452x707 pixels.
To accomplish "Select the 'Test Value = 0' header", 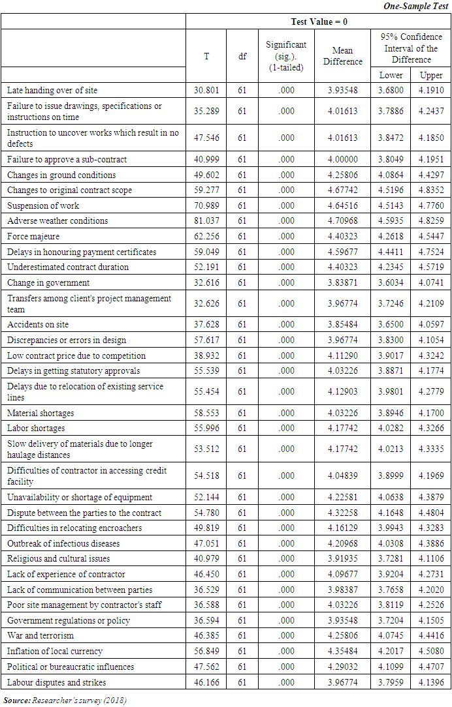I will pyautogui.click(x=319, y=22).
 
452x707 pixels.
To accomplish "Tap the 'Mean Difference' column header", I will pyautogui.click(x=342, y=55).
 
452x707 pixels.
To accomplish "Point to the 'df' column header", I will pyautogui.click(x=242, y=56).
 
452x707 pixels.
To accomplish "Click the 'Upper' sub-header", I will pyautogui.click(x=431, y=75).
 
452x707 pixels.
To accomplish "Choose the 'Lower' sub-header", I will pyautogui.click(x=391, y=75).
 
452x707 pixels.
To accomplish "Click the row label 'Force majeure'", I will pyautogui.click(x=33, y=236).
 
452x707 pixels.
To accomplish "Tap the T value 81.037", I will pyautogui.click(x=206, y=220).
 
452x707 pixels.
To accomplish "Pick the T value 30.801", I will pyautogui.click(x=206, y=90).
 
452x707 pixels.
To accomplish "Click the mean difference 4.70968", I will pyautogui.click(x=342, y=220).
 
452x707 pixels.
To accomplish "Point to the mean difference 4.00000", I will pyautogui.click(x=342, y=159).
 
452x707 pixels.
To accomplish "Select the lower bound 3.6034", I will pyautogui.click(x=391, y=282).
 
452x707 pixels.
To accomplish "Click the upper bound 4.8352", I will pyautogui.click(x=431, y=190).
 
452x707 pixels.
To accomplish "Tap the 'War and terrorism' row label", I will pyautogui.click(x=40, y=635).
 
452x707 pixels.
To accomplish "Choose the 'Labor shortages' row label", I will pyautogui.click(x=36, y=428).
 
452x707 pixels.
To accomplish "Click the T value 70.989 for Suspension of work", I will pyautogui.click(x=206, y=205).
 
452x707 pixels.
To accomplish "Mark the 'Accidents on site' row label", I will pyautogui.click(x=38, y=324).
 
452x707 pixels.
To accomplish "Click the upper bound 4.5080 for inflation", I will pyautogui.click(x=431, y=651).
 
